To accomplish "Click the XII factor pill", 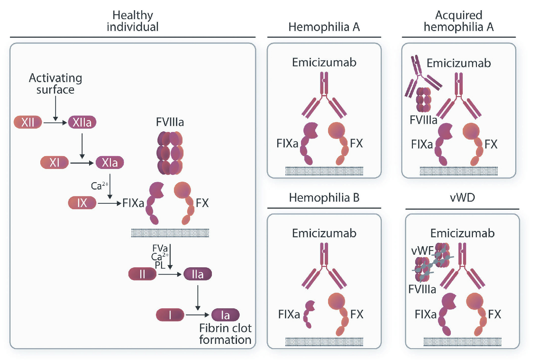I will tap(28, 122).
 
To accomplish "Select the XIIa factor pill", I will tap(82, 122).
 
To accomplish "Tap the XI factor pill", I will tap(54, 162).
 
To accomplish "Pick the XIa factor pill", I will tap(110, 162).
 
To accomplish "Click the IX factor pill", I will tap(82, 203).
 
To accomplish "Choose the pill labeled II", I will tap(142, 274).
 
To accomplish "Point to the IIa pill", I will tap(198, 274).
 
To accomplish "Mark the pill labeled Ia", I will tap(225, 315).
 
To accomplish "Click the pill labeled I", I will tap(170, 315).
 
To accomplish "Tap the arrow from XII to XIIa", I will tap(55, 123).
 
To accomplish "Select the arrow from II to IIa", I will tap(170, 274).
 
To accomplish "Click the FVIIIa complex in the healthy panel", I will tap(170, 153).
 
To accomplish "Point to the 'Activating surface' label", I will tap(55, 83).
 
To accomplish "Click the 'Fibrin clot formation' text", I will tap(225, 334).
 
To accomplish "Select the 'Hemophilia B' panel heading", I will tap(324, 197).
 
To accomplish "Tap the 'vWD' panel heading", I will tap(462, 197).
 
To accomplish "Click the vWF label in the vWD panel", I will tap(422, 251).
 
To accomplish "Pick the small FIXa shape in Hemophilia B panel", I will tap(309, 314).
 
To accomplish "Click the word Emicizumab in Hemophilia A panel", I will tap(324, 62).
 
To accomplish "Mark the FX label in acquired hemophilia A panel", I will tap(491, 144).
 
